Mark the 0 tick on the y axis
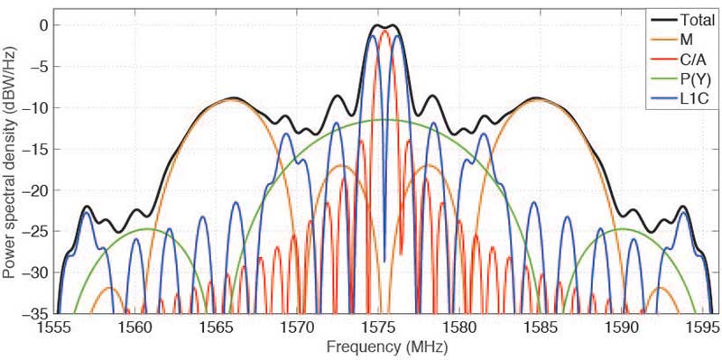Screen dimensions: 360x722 pyautogui.click(x=42, y=25)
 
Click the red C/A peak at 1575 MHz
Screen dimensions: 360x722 pyautogui.click(x=384, y=32)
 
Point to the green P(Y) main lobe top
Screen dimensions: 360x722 pyautogui.click(x=384, y=120)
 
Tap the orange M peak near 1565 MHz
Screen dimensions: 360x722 pyautogui.click(x=236, y=100)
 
